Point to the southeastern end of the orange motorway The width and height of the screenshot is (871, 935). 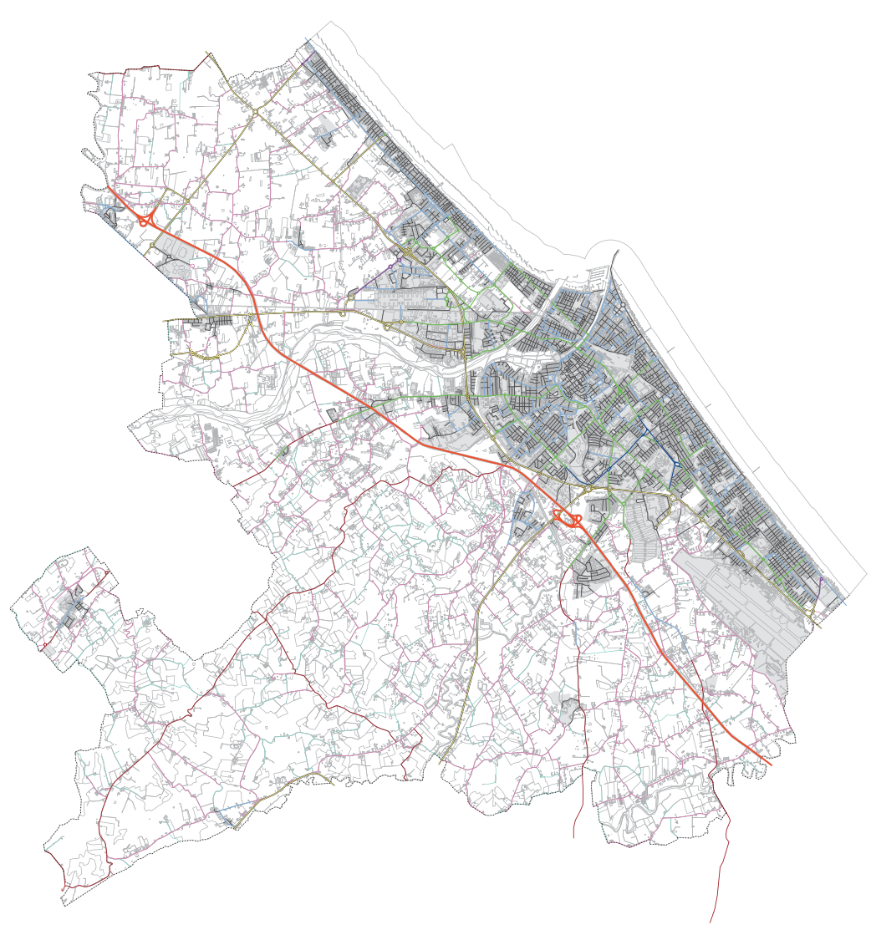coord(770,763)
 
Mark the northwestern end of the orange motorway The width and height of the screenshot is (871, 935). coord(108,188)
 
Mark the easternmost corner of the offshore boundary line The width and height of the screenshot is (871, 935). coord(866,574)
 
